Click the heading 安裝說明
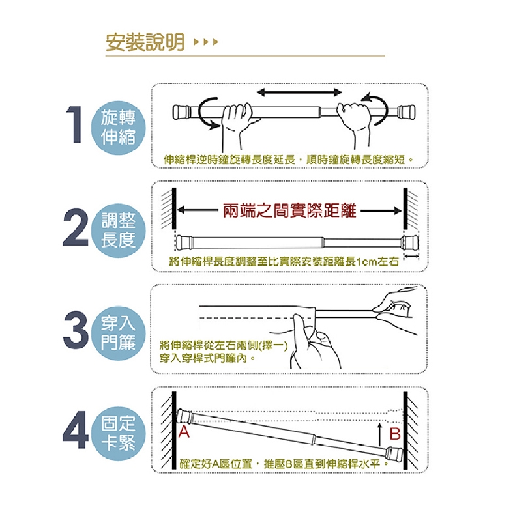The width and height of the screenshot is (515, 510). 145,42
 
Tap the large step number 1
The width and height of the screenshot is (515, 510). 74,124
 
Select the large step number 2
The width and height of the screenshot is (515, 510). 75,227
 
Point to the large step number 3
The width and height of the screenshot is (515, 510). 76,330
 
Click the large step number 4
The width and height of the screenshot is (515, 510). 76,430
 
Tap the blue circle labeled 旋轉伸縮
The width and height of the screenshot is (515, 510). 118,128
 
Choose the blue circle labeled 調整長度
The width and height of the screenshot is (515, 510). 118,231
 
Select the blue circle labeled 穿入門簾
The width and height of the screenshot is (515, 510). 118,333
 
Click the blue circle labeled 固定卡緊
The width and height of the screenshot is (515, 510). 118,434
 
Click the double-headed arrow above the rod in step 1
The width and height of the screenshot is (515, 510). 299,92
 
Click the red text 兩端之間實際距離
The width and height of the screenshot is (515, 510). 289,210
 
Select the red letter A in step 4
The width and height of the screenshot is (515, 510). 184,432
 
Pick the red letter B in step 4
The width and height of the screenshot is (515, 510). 395,434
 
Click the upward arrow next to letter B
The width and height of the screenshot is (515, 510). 379,434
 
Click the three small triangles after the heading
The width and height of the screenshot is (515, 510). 206,42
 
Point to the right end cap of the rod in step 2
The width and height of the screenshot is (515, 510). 411,242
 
